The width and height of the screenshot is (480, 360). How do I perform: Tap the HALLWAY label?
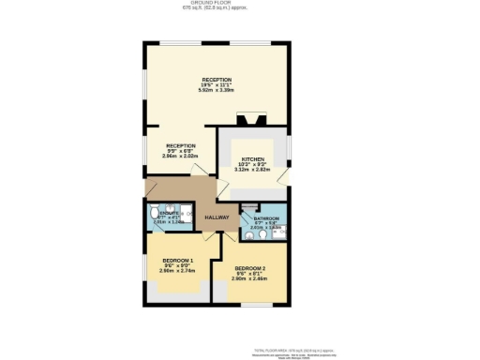[x=217, y=217]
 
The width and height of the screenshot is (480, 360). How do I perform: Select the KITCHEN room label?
[x=254, y=159]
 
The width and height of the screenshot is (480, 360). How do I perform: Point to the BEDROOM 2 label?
[x=250, y=267]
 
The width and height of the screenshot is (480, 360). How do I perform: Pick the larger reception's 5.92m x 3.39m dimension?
[x=217, y=91]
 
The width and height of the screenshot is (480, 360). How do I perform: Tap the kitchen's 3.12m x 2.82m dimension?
[x=254, y=172]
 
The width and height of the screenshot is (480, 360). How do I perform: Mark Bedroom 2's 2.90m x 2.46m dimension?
[x=250, y=278]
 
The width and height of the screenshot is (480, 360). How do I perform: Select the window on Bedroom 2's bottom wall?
[x=247, y=304]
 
